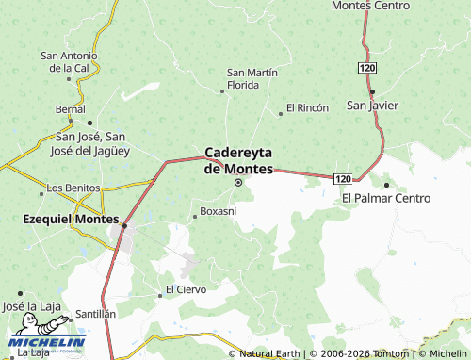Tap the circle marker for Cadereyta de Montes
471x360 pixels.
(x=237, y=183)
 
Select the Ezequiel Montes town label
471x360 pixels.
(x=63, y=219)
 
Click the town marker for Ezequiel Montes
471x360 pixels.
(x=123, y=225)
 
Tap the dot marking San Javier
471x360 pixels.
(x=373, y=91)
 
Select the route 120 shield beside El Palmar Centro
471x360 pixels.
(x=344, y=179)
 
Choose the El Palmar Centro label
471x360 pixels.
(x=386, y=198)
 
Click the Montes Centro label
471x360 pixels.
(x=372, y=6)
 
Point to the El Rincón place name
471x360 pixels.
(x=307, y=107)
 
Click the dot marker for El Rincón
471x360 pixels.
(x=281, y=114)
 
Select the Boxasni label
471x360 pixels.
(x=219, y=210)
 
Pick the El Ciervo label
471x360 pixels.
(x=186, y=288)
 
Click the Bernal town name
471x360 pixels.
(x=70, y=109)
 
